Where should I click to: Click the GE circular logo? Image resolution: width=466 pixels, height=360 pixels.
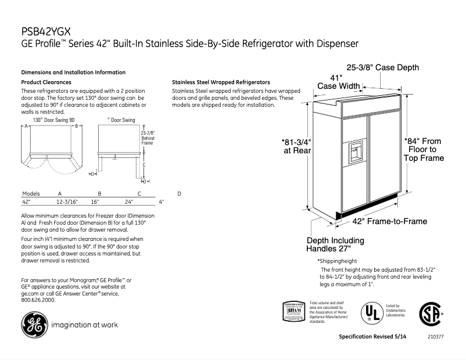coord(33,325)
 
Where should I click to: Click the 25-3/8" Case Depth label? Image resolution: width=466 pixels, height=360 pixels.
coord(382,68)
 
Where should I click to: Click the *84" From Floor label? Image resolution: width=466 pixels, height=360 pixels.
coord(424,149)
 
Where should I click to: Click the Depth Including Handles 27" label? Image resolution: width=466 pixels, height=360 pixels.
coord(335,244)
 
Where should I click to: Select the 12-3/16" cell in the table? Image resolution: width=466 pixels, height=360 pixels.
coord(67,202)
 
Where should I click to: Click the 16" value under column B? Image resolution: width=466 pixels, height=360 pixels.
coord(95,202)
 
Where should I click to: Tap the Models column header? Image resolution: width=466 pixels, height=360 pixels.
coord(31,193)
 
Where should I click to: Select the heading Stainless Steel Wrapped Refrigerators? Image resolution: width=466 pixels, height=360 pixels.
coord(221,82)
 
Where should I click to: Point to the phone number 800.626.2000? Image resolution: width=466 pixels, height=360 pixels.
coord(38,300)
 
